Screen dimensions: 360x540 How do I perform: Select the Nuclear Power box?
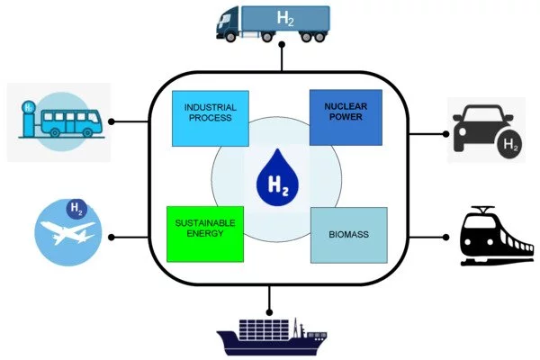pyautogui.click(x=346, y=117)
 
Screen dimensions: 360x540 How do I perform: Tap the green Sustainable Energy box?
pyautogui.click(x=204, y=234)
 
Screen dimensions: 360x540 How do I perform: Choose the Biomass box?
pyautogui.click(x=348, y=235)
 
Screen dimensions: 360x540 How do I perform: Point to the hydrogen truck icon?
pyautogui.click(x=273, y=23)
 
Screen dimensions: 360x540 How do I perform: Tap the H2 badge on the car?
pyautogui.click(x=509, y=143)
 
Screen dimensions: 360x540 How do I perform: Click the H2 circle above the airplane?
pyautogui.click(x=78, y=211)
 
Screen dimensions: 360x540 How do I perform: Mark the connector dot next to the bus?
pyautogui.click(x=112, y=121)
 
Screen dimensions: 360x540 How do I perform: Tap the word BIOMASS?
pyautogui.click(x=348, y=236)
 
